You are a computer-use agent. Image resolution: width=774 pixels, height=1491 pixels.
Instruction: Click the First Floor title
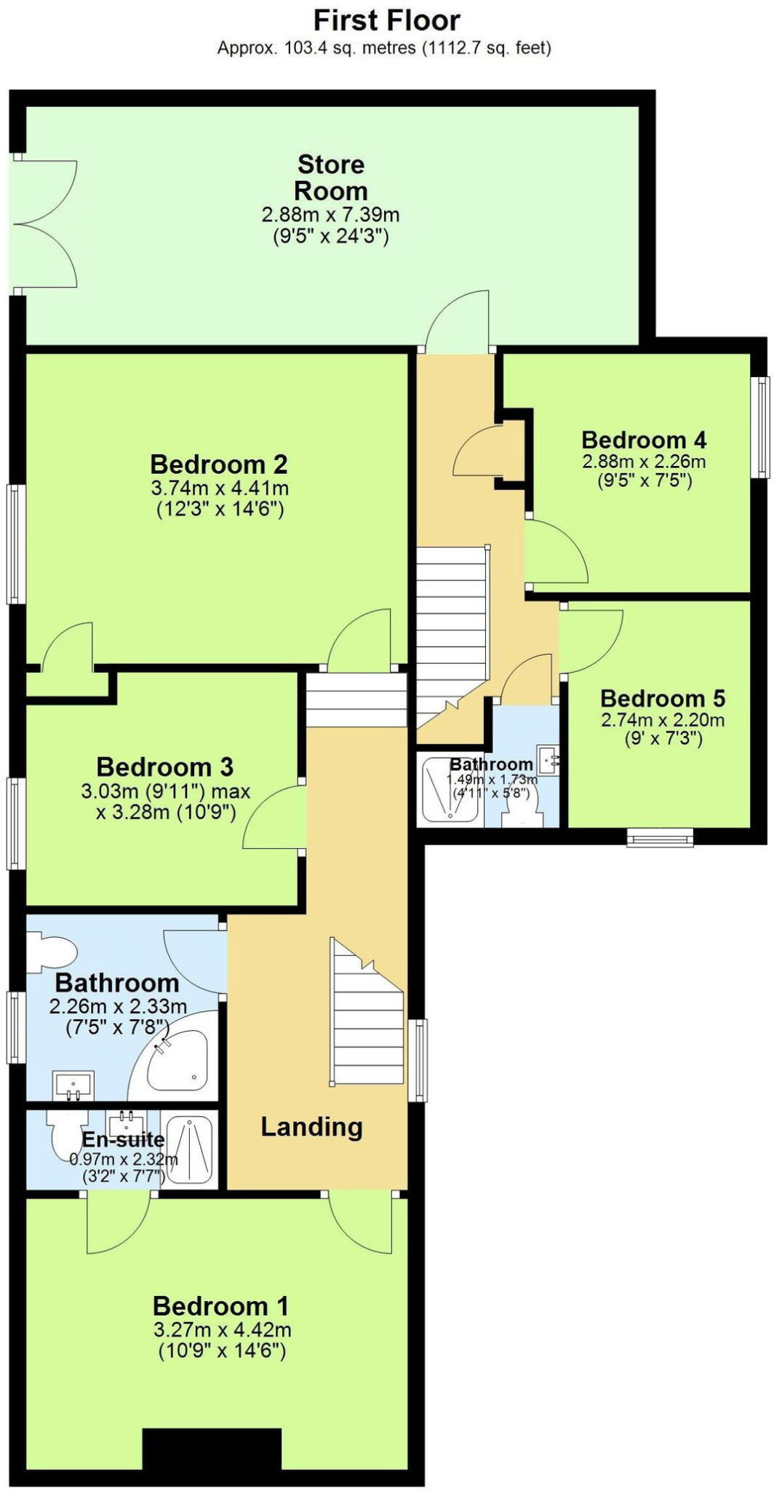click(x=386, y=20)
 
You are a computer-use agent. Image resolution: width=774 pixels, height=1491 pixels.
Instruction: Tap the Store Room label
click(x=330, y=178)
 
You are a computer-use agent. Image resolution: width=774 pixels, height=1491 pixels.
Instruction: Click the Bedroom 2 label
click(x=219, y=464)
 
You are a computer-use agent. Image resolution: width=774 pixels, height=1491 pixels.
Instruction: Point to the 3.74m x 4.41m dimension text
click(x=220, y=488)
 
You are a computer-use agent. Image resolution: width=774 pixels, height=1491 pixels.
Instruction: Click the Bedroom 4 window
click(x=761, y=427)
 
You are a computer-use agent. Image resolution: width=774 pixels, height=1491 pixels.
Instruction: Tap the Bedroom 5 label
click(x=662, y=698)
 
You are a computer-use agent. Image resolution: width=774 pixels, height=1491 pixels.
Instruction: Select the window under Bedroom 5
click(x=661, y=838)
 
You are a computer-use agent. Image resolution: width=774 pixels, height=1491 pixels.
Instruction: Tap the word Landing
click(x=311, y=1127)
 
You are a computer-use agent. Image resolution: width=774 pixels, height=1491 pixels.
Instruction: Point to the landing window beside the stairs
click(x=418, y=1059)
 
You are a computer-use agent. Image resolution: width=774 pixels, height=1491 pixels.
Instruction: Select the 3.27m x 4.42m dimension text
click(x=222, y=1329)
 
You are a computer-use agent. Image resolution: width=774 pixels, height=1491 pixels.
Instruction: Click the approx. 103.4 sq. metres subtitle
click(x=384, y=49)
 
